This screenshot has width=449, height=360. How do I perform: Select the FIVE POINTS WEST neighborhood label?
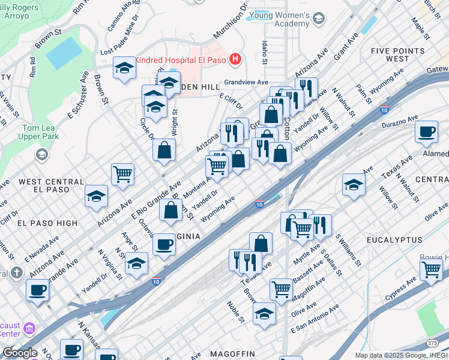(398, 55)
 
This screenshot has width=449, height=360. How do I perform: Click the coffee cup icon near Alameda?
(426, 132)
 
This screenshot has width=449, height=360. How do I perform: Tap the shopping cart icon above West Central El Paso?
(122, 174)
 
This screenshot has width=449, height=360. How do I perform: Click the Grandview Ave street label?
(245, 82)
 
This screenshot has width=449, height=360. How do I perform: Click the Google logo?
(20, 353)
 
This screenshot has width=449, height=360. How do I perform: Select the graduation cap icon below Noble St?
(264, 313)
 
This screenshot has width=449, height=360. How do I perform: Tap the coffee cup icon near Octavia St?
(164, 244)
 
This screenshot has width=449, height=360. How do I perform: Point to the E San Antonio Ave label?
(315, 320)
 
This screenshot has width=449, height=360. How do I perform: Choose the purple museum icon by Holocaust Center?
(29, 328)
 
